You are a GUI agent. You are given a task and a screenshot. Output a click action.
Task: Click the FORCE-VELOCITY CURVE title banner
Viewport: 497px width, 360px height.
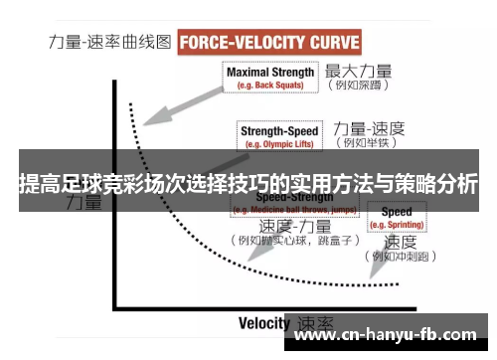pos(268,43)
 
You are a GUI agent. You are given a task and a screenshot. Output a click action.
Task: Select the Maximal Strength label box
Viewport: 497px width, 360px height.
pos(270,78)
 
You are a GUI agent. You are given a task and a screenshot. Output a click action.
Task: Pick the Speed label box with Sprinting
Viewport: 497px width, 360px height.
pos(397,218)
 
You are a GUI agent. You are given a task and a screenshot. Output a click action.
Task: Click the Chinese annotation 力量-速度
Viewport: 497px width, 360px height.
pos(369,128)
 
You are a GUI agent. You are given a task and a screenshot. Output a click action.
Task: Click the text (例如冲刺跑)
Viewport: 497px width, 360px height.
pos(402,257)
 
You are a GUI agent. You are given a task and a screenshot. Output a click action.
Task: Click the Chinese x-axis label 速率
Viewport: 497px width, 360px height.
pos(316,323)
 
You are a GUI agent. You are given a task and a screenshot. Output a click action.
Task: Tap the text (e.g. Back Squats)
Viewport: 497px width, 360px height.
pos(270,87)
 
